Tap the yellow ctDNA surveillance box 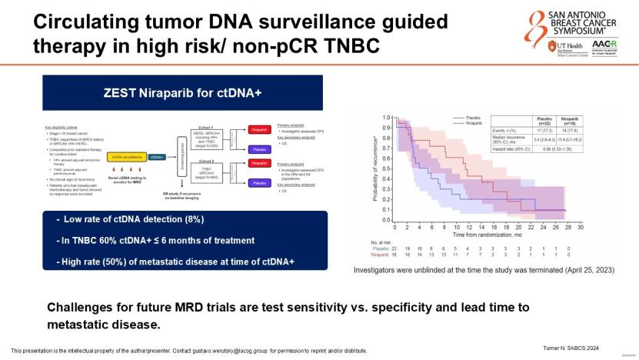pyautogui.click(x=127, y=156)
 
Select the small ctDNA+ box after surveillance pyautogui.click(x=156, y=156)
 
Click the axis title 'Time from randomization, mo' pyautogui.click(x=481, y=234)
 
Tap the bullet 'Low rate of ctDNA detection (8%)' pyautogui.click(x=130, y=220)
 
